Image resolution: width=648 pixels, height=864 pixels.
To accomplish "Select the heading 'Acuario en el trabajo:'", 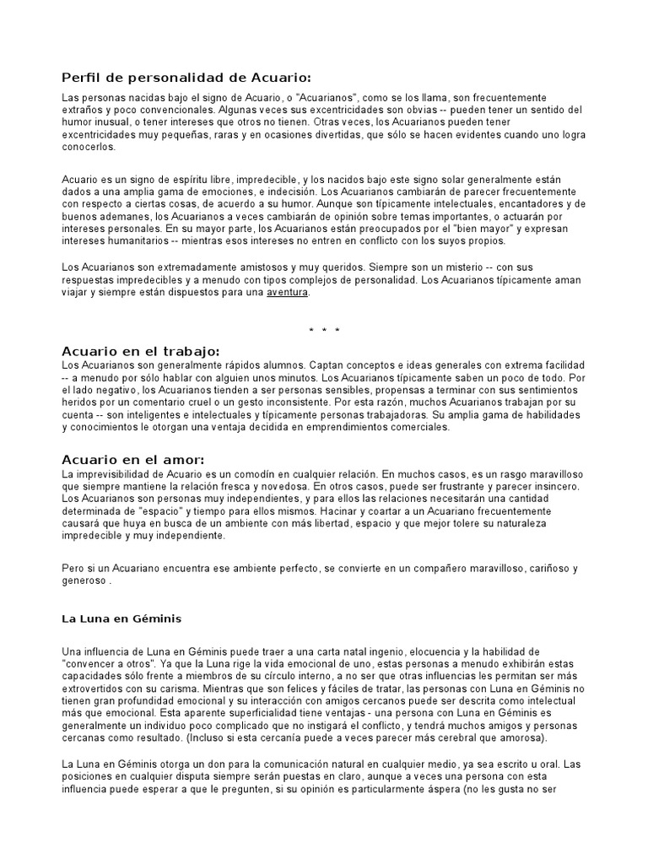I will click(x=141, y=350).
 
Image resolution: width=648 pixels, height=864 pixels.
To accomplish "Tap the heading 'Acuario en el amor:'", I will click(x=133, y=459).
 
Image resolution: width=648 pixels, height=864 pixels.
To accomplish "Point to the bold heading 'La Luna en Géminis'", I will click(x=121, y=618).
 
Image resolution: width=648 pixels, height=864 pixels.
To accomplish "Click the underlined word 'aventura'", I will click(x=288, y=293).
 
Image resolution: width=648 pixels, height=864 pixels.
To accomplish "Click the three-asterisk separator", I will click(x=324, y=330).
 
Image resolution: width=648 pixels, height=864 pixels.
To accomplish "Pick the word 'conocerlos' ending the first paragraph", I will click(x=89, y=147).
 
